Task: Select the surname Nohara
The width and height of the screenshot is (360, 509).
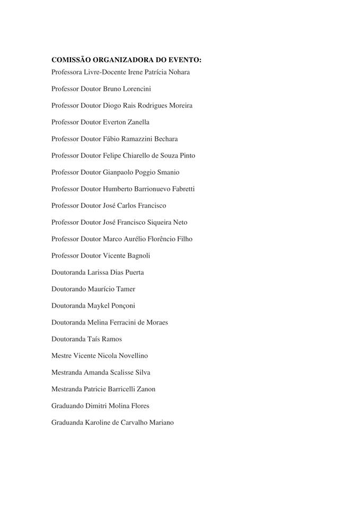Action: [x=178, y=72]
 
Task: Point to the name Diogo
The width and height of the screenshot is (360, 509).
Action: [x=112, y=106]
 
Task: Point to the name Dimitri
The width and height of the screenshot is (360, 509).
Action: [x=95, y=406]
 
